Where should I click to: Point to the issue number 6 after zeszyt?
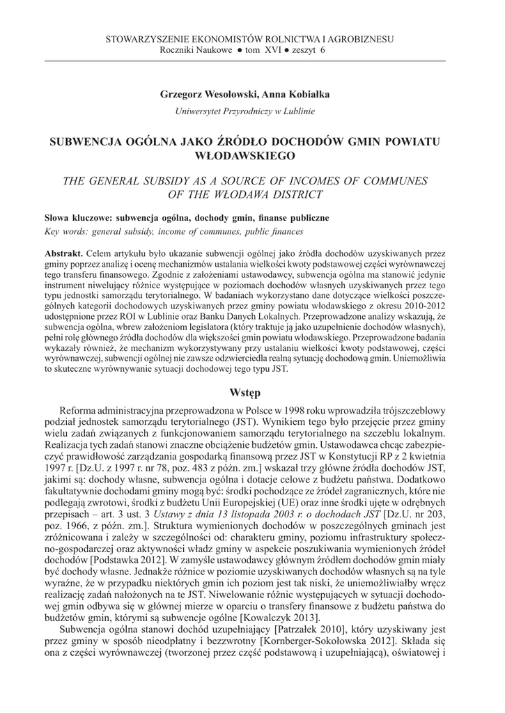click(323, 50)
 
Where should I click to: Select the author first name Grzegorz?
click(183, 93)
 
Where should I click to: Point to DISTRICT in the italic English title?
click(293, 194)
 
